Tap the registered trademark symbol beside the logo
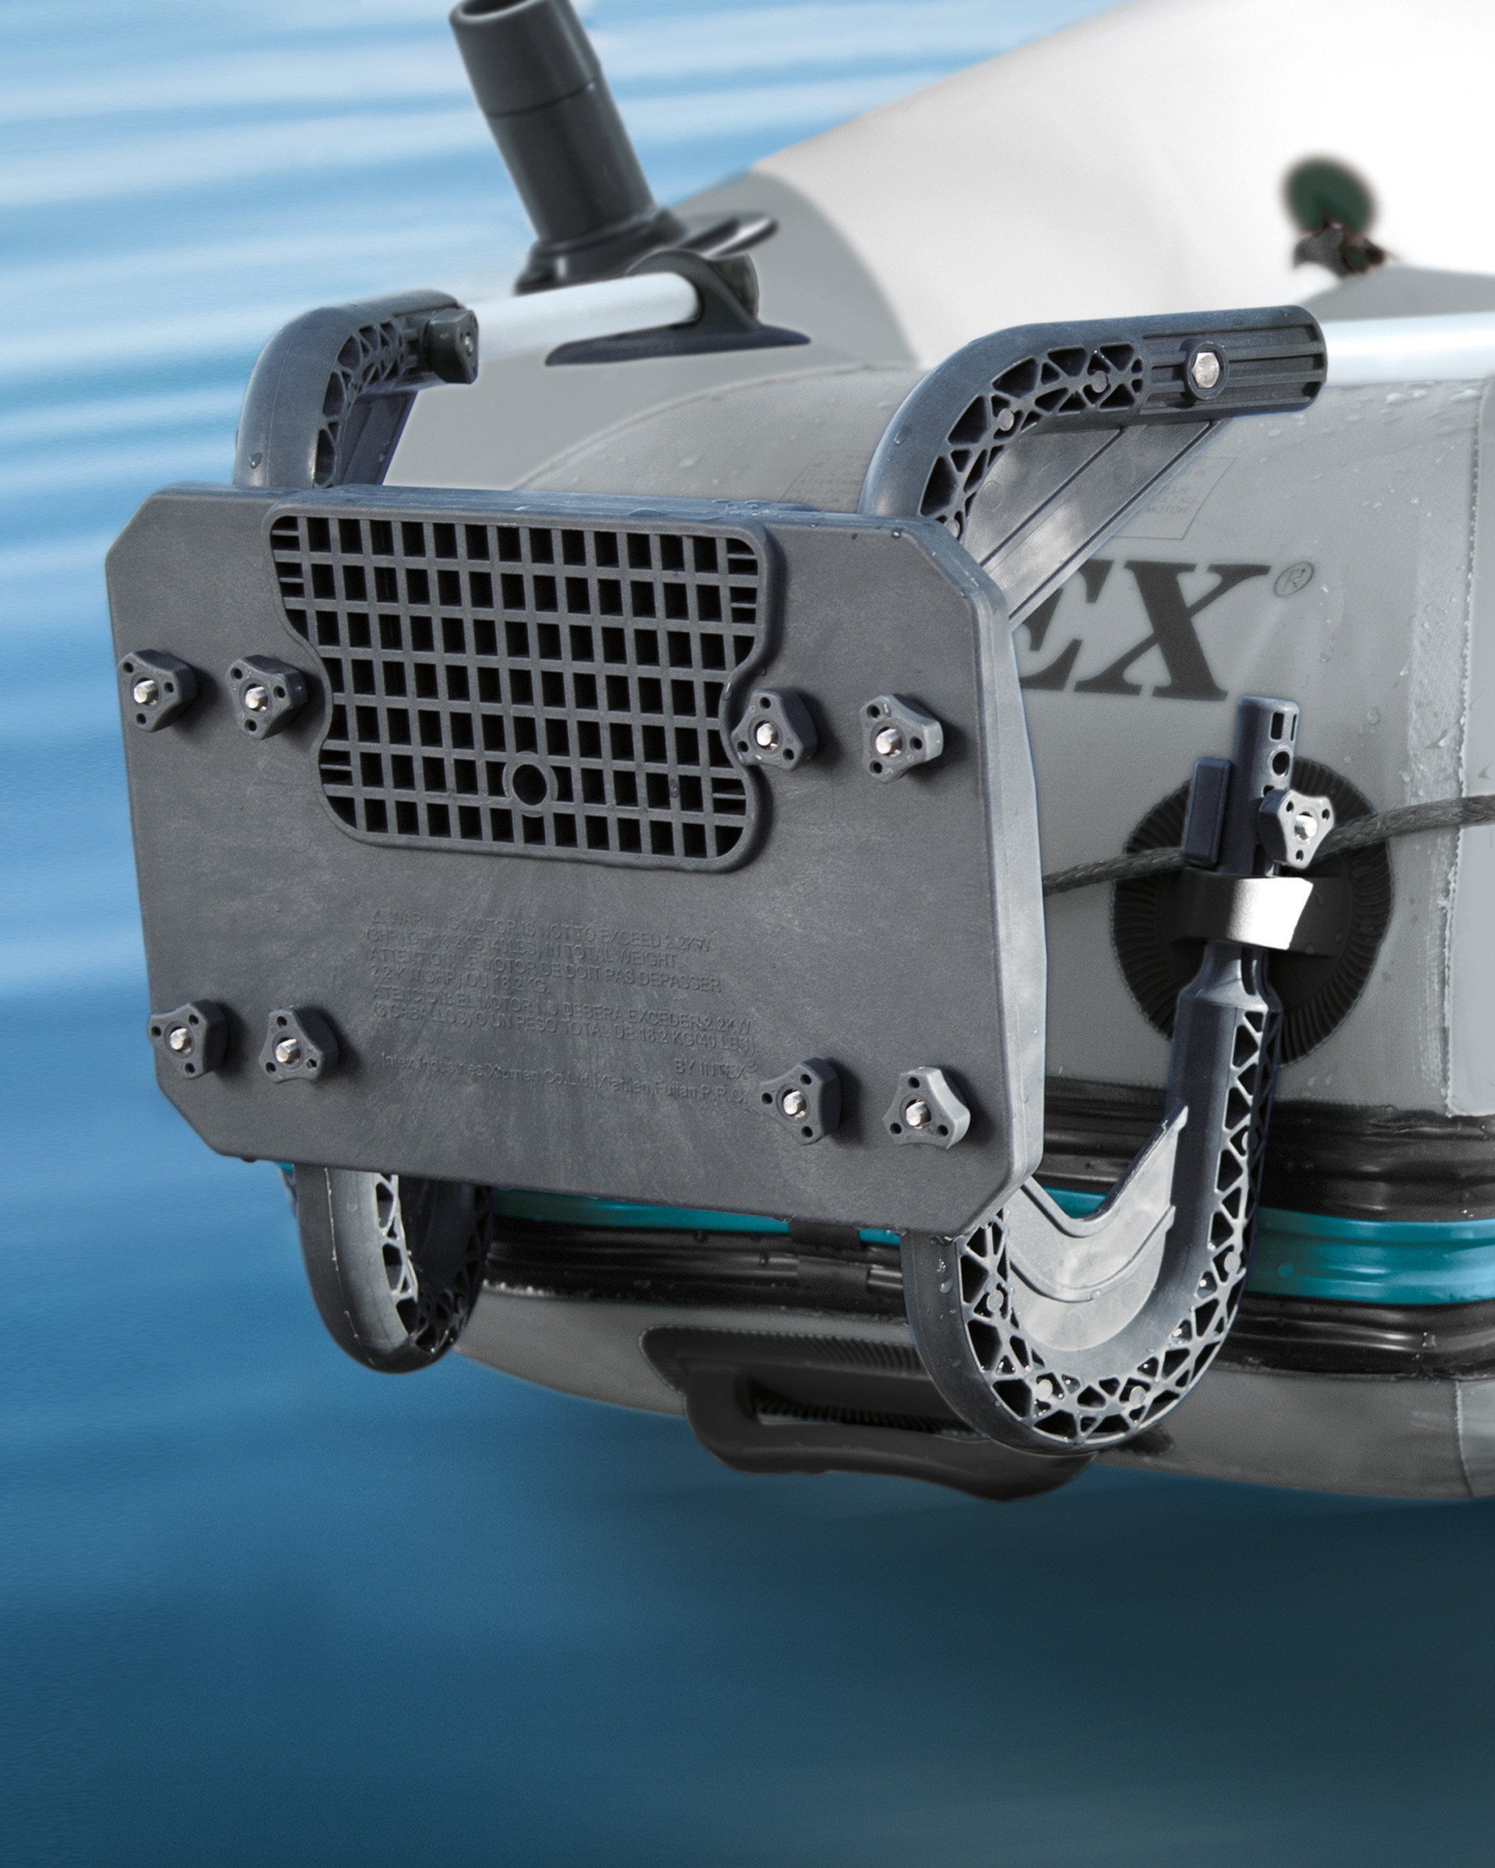point(1293,578)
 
